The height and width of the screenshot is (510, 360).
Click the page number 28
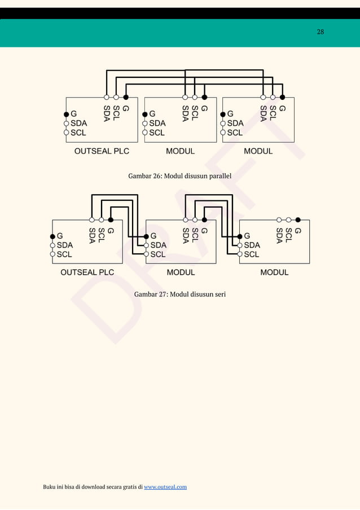pos(320,32)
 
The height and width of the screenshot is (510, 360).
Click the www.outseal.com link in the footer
pos(165,487)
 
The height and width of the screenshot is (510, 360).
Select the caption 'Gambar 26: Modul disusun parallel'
pos(180,177)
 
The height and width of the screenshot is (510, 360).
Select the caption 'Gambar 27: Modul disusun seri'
pos(180,294)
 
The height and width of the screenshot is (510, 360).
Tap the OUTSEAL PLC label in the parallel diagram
pos(102,151)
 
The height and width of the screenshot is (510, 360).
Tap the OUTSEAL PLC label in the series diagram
pos(87,272)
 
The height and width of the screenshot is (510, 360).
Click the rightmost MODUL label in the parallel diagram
pos(258,151)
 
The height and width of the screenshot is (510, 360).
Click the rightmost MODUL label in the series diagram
pos(274,272)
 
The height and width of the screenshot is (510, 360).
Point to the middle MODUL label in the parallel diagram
pos(180,151)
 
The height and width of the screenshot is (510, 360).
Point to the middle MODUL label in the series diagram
pos(181,272)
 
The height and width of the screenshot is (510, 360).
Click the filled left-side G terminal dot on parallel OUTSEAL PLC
pos(66,113)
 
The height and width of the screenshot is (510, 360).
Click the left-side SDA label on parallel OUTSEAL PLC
pos(78,123)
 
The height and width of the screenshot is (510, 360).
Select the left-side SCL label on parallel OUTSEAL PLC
pos(78,133)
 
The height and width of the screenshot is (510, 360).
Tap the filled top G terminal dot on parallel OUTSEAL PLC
pos(125,97)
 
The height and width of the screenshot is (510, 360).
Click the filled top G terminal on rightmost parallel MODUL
pos(282,97)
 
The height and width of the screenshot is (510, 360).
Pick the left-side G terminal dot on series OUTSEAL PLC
pos(52,236)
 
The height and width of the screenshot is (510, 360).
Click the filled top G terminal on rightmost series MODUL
pos(298,219)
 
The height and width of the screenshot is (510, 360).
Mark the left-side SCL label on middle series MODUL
pos(158,254)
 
